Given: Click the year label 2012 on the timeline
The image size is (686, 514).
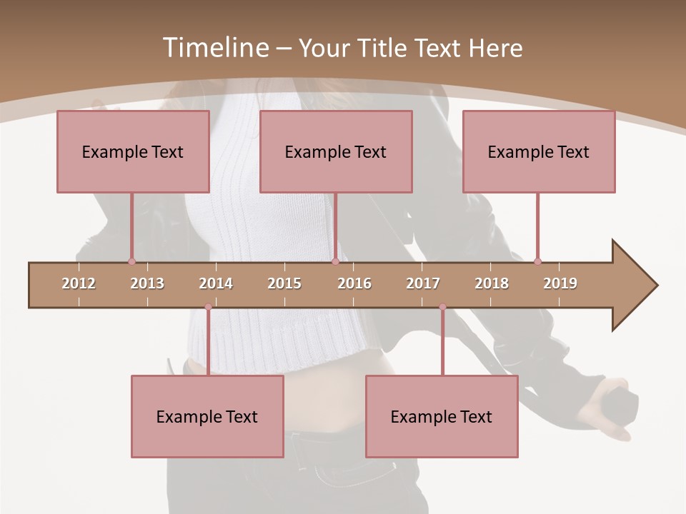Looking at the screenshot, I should pos(79,283).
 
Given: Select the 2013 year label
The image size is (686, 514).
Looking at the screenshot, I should pos(147,283).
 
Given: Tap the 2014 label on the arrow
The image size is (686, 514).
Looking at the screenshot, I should pos(216,283).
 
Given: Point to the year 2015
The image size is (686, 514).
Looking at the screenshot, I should pos(284,283).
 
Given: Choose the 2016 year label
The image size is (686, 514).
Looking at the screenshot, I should pos(354,283).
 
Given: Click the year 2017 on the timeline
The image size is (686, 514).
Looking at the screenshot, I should pos(423,283).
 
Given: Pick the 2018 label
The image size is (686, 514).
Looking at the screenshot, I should pos(492,283).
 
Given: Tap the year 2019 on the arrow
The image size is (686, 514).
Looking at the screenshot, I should pos(560,283).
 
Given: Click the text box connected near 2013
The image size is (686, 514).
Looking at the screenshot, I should pos(133,151).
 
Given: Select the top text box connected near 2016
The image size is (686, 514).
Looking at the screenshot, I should pos(336,151).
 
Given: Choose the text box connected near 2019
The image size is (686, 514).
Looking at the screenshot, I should pos(539,151).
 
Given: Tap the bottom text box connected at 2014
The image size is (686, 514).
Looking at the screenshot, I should pos(207,416).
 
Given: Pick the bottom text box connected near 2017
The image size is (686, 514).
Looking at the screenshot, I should pos(442,416).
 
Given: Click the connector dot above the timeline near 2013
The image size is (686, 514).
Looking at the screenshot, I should pos(131,262).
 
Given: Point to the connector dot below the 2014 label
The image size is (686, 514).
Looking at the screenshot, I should pos(208,307).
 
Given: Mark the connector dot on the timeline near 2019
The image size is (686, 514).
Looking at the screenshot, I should pos(537,262).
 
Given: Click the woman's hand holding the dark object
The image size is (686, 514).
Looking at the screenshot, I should pos(607,410).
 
